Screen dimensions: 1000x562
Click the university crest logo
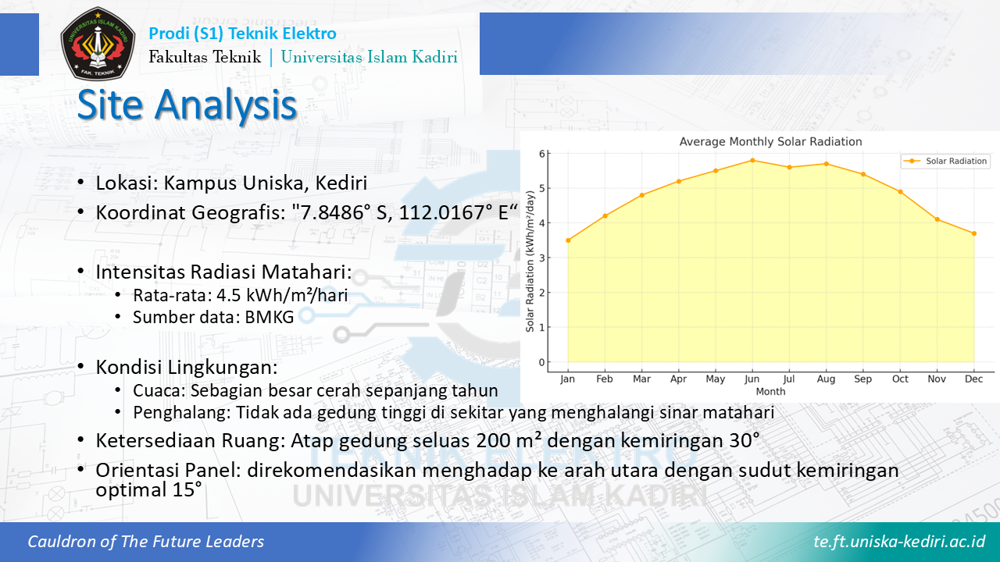[x=98, y=43]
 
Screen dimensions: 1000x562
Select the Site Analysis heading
[x=187, y=105]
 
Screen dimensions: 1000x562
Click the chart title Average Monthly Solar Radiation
[x=770, y=142]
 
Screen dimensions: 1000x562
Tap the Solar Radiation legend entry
[x=945, y=161]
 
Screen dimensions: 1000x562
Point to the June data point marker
[x=752, y=161]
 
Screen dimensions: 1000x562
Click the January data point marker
[x=568, y=240]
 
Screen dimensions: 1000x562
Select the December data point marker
[x=974, y=233]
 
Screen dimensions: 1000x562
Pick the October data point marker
[x=901, y=192]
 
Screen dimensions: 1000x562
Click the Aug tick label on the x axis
[x=826, y=379]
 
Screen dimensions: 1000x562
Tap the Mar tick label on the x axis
[x=641, y=379]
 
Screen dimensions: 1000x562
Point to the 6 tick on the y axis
[x=542, y=154]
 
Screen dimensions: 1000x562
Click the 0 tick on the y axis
[x=542, y=362]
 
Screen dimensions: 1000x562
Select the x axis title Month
[x=770, y=392]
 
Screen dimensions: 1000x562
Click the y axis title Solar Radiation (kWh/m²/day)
[x=530, y=261]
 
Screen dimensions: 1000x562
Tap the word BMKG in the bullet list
[x=270, y=317]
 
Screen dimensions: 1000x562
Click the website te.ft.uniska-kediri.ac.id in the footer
[x=899, y=542]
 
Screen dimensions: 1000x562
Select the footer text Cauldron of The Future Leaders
[x=145, y=542]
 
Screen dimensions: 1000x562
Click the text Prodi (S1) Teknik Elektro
[x=242, y=34]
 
